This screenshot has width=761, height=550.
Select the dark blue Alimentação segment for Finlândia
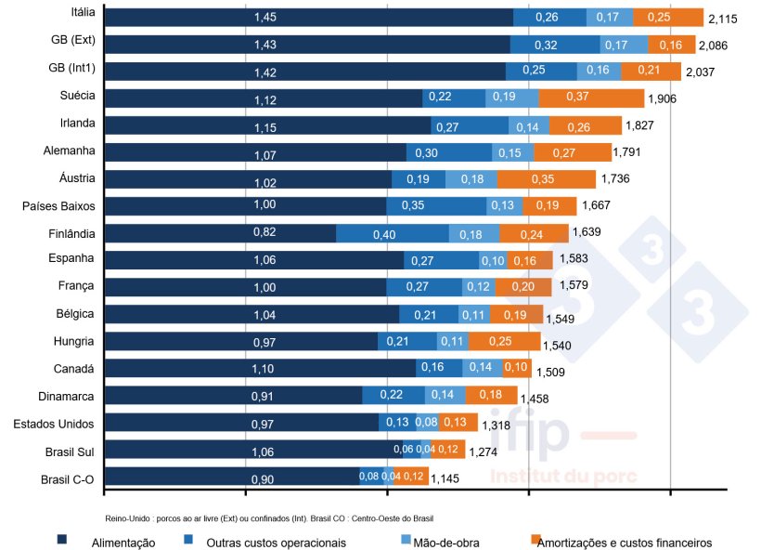pos(220,233)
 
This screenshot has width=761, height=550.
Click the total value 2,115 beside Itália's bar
pos(722,19)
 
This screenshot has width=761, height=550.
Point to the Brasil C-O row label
pos(68,479)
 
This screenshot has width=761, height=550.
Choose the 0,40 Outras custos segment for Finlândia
pos(392,233)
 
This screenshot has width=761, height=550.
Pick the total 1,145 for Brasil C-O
pos(445,479)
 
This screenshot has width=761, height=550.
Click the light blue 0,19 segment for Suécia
pos(511,98)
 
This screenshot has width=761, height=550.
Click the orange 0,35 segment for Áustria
pos(546,179)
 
